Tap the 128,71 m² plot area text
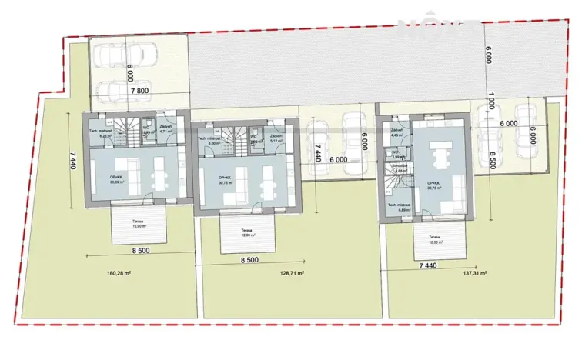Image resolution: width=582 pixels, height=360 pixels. (x=289, y=273)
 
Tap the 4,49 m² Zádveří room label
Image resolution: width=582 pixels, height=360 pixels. (x=398, y=132)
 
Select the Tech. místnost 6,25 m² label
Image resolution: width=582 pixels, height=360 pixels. (x=103, y=130)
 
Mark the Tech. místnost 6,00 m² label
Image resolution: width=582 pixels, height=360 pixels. (x=211, y=140)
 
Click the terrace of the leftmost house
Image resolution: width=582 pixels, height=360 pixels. (x=139, y=225)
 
